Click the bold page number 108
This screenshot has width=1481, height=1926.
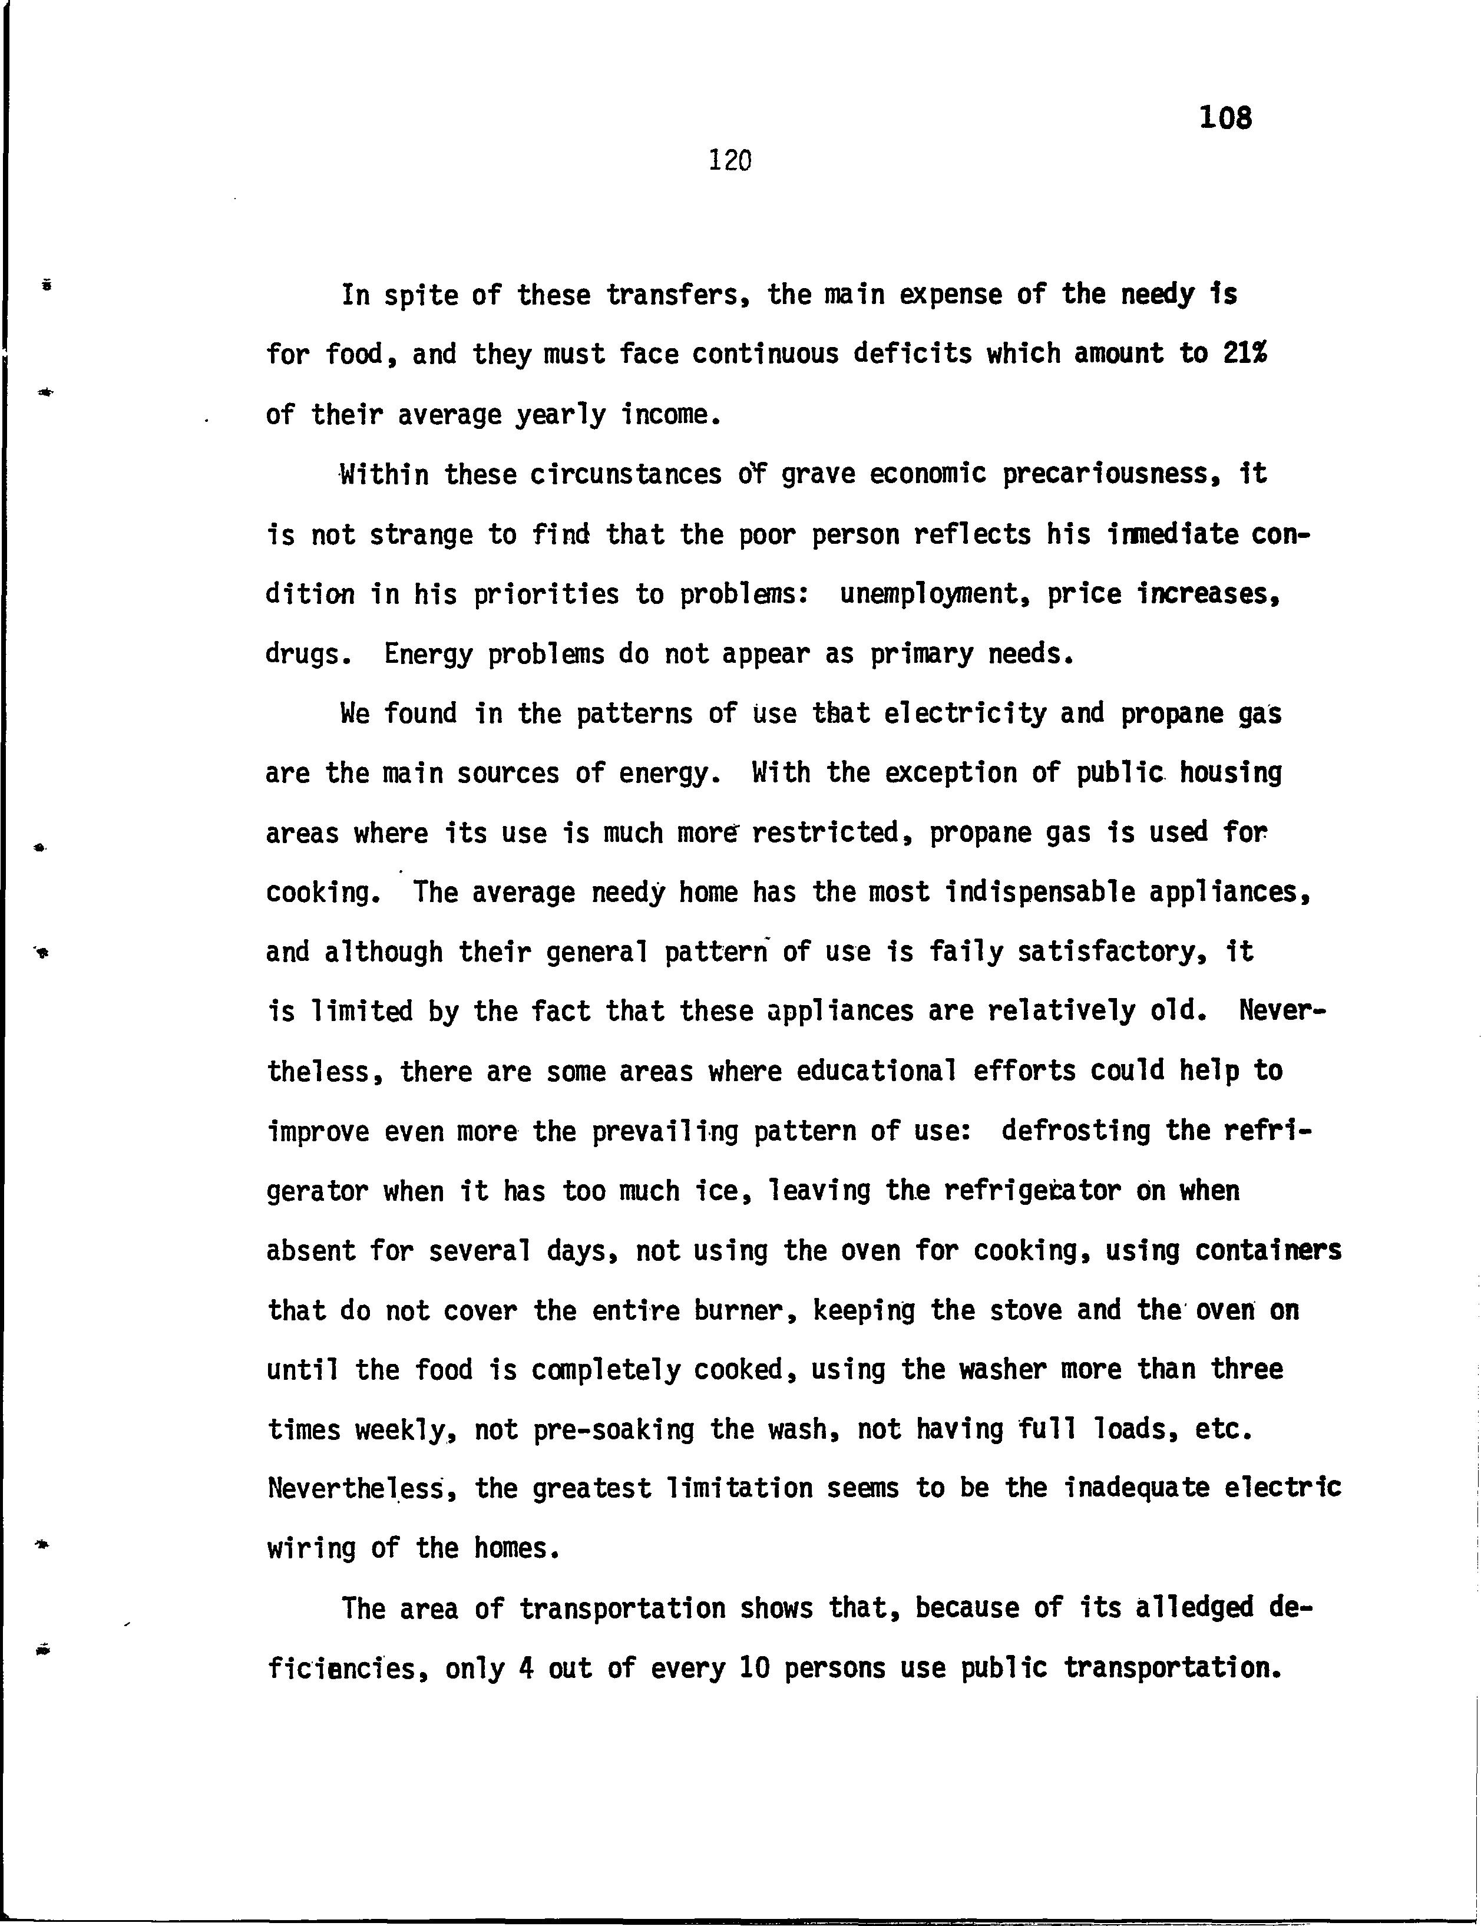(1225, 117)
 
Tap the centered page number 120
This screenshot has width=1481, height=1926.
(730, 160)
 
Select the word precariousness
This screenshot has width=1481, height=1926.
(1111, 475)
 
